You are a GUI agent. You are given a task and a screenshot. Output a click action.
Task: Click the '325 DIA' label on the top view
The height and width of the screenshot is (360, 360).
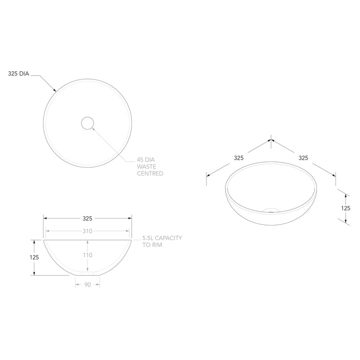(x=19, y=73)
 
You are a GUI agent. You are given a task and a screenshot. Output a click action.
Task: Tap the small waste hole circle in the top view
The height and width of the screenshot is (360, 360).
(x=87, y=122)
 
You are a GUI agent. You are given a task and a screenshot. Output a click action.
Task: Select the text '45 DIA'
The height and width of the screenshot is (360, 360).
(x=147, y=160)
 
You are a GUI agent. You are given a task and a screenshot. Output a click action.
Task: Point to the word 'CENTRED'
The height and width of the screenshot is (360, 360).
(x=150, y=173)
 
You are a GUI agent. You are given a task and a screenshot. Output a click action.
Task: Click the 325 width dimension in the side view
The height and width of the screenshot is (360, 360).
(x=87, y=218)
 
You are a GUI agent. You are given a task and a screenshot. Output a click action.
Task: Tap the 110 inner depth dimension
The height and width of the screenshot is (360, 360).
(x=87, y=255)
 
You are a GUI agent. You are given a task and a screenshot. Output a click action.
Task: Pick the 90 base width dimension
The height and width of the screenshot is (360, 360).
(x=87, y=284)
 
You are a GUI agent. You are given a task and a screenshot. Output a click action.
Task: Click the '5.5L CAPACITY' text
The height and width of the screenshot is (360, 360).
(x=162, y=238)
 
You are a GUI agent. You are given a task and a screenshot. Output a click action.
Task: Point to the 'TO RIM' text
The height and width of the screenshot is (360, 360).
(x=152, y=245)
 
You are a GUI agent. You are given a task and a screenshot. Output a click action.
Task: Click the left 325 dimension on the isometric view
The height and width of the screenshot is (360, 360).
(x=238, y=157)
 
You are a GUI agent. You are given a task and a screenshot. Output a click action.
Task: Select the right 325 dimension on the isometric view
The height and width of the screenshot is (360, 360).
(x=303, y=157)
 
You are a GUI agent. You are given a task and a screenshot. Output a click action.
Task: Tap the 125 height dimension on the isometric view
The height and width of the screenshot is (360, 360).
(x=345, y=207)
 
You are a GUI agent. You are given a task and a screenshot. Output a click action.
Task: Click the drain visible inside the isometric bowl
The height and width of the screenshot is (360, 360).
(x=270, y=210)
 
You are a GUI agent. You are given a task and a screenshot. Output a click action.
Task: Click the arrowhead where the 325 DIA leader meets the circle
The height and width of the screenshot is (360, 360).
(x=55, y=90)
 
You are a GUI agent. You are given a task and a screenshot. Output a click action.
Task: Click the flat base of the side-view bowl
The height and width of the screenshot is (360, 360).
(x=87, y=275)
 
